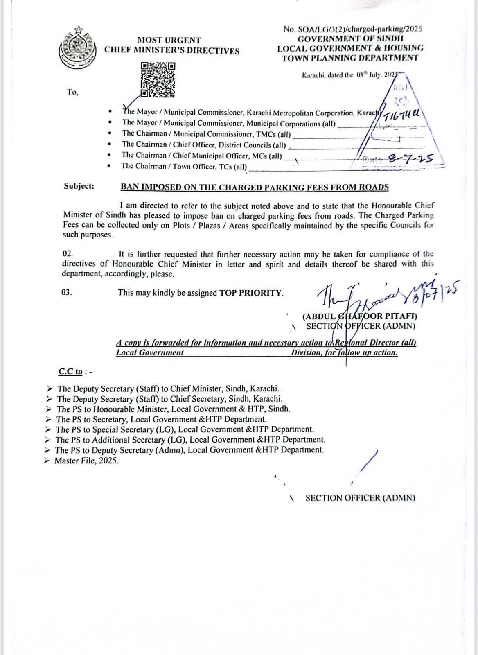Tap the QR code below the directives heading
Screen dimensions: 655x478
158,80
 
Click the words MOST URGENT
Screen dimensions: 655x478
169,40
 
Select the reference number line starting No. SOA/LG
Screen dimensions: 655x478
352,29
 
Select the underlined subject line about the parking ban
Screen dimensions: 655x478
254,187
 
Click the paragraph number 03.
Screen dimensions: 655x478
67,292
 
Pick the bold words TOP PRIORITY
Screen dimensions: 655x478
251,293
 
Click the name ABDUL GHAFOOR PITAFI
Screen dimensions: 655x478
359,316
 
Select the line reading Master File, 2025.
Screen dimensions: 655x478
87,461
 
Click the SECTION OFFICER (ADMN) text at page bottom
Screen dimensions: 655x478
360,498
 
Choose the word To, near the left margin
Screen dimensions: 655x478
73,93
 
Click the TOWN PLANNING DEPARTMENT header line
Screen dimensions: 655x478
350,58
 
